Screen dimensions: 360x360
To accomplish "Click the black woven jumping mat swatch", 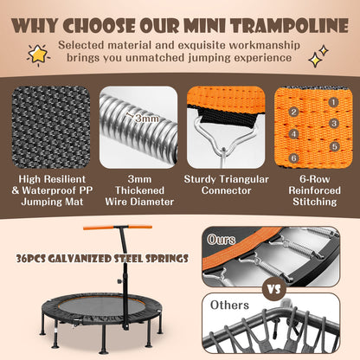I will click(x=51, y=127).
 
